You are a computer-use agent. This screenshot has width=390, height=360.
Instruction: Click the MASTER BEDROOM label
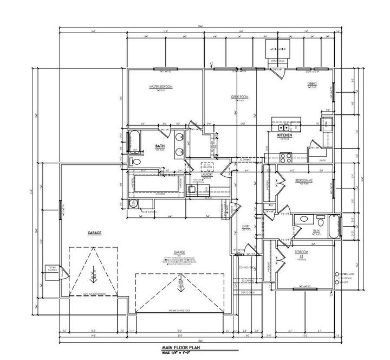coord(161,87)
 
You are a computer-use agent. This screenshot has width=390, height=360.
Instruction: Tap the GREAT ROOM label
coord(240,97)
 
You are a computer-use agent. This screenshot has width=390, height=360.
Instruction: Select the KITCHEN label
coord(285,134)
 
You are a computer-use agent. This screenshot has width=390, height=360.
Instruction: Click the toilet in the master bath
coord(136,162)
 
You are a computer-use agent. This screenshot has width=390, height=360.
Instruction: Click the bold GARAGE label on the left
coord(95,233)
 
